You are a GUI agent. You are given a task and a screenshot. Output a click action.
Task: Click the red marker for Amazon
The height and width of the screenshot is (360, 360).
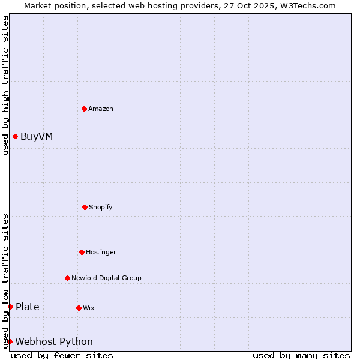pos(84,109)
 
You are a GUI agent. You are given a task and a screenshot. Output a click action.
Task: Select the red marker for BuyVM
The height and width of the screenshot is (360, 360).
pos(15,136)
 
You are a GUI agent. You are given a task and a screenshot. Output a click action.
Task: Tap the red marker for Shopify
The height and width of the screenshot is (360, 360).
pos(85,207)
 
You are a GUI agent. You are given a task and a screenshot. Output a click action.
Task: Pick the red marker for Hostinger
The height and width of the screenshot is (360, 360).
pos(82,252)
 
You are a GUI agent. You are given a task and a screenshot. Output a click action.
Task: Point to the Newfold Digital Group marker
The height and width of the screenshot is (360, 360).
pos(67,278)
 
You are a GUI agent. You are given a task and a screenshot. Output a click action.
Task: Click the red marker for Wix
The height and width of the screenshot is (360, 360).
pos(79,308)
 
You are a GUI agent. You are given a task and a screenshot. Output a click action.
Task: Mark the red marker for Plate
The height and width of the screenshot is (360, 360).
pos(10,307)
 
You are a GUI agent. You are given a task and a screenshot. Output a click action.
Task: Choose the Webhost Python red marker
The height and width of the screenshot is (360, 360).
pos(10,341)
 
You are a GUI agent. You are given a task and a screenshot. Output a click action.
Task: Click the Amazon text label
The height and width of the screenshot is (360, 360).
pos(101,109)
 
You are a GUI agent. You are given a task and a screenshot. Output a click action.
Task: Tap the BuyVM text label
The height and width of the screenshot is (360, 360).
pos(37,136)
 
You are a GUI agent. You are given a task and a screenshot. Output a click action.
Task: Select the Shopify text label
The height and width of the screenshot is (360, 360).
pos(101,207)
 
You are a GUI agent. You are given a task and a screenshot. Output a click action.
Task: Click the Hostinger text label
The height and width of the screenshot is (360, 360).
pos(101,252)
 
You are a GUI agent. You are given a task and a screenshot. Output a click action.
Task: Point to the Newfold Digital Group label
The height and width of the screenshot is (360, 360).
pos(107,278)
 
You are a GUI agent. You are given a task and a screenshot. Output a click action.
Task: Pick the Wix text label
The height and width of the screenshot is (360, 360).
pos(89,308)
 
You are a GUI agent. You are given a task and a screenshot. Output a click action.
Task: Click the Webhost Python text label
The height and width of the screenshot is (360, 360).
pos(54,341)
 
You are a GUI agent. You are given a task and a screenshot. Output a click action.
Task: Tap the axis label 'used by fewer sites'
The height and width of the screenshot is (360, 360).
pos(62,355)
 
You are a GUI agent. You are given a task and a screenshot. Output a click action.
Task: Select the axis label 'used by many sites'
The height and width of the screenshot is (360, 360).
pos(301,355)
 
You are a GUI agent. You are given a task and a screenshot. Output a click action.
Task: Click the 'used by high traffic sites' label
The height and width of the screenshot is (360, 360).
pos(5,85)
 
